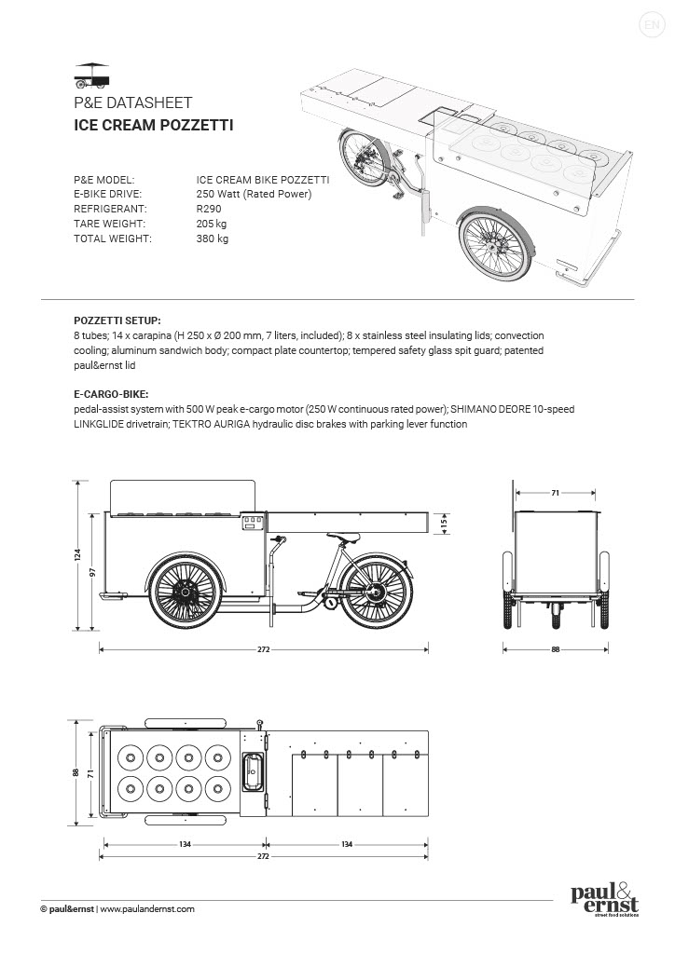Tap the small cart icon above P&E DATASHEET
pos(91,75)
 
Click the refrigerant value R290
pos(209,209)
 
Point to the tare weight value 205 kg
pos(213,224)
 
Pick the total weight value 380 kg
pos(213,238)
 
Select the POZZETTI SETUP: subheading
pos(117,319)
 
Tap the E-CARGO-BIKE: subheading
pos(110,394)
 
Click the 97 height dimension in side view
pos(92,572)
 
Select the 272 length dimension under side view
pos(264,648)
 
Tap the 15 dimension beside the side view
pos(446,524)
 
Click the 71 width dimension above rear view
pos(555,492)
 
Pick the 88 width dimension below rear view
pos(556,648)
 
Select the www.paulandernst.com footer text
pos(146,908)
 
